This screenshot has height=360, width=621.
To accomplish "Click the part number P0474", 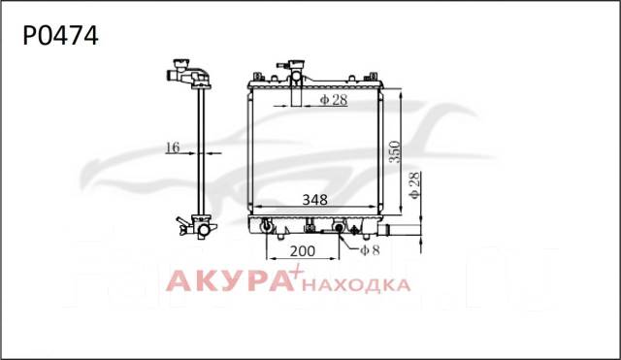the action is coord(60,36).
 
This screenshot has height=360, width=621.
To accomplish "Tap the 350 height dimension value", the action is coord(395,152).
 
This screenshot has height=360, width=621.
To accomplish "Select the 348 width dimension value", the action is coord(314,200).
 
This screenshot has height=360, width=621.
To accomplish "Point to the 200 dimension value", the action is coord(303,251).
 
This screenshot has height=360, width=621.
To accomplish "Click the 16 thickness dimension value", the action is coord(173,147).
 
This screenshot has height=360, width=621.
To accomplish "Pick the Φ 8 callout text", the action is coord(370,250).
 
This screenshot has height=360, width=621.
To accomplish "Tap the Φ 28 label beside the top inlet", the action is coord(334,100).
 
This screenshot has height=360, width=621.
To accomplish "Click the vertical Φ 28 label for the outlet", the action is coord(414,185).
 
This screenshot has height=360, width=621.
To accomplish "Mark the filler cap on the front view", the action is coord(296,65).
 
